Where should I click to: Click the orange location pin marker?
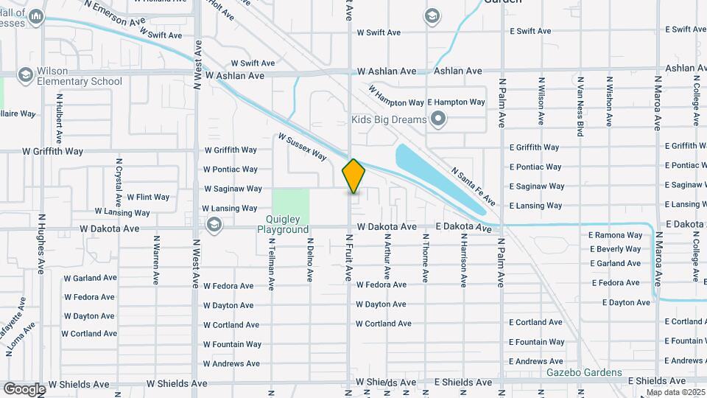353,176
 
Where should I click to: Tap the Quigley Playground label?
283,224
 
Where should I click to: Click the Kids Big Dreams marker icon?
439,119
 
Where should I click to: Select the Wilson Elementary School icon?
27,74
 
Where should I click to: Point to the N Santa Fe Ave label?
474,185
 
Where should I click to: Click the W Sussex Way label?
302,147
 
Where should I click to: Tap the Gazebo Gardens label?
585,373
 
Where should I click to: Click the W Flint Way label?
148,197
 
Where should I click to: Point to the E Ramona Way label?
615,235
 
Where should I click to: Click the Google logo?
24,388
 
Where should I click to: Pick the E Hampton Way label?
456,102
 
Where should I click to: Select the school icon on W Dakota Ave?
214,225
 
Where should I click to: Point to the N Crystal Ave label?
119,181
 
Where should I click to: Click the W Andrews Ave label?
231,363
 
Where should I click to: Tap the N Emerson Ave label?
115,13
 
